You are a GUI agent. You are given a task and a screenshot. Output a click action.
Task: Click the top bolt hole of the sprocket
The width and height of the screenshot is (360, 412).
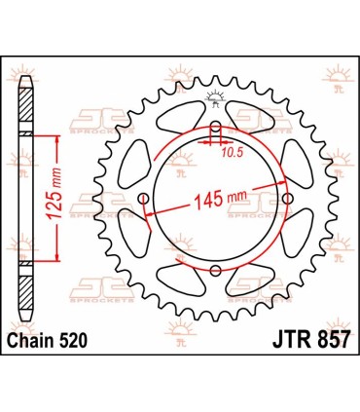215,127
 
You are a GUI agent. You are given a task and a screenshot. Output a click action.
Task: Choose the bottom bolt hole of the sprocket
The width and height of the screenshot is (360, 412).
215,272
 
